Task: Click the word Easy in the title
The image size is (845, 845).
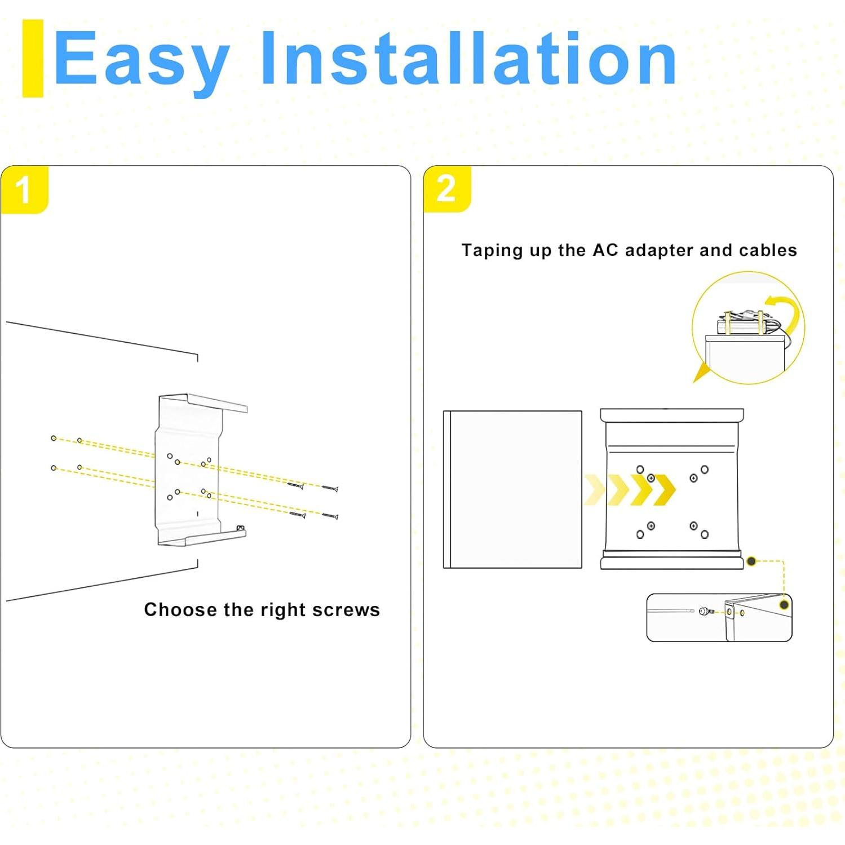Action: point(141,61)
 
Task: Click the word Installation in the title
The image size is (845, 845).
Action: point(469,58)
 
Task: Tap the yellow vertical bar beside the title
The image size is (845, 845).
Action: point(33,58)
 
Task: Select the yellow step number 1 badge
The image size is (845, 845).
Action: point(24,189)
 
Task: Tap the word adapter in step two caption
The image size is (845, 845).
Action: point(660,250)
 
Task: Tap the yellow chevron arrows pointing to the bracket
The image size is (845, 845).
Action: point(630,489)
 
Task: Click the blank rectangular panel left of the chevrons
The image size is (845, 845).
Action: point(512,489)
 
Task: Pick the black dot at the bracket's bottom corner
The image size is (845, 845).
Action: point(751,561)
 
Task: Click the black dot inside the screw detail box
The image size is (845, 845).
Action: point(784,605)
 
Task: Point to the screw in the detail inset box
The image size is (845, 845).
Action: point(707,611)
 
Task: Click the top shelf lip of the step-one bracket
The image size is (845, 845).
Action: point(217,401)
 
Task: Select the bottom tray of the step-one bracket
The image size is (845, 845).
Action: point(202,536)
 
